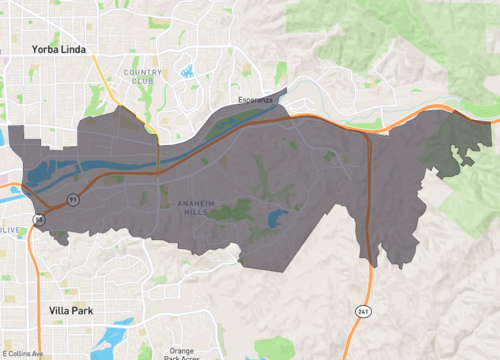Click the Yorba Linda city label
57,48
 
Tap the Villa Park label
71,311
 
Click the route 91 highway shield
73,200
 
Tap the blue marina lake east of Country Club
187,70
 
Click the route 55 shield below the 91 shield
39,218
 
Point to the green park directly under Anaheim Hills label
230,211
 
